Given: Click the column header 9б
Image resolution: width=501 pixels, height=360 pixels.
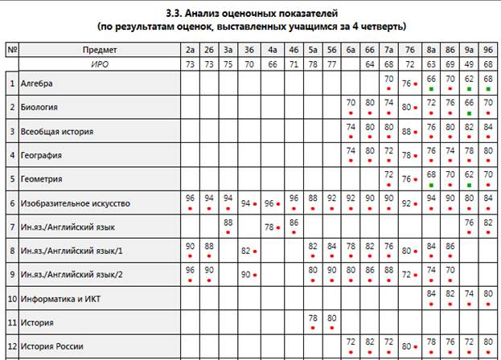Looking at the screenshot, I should [488, 50].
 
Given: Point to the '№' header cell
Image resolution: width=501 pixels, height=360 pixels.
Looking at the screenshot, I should [12, 50].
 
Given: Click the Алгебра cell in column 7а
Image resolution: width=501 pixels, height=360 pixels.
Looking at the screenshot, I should [388, 82].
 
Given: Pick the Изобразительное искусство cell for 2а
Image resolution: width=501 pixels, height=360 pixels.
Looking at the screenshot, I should [191, 202].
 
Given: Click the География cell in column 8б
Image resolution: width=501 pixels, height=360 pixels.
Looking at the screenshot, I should [449, 154].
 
